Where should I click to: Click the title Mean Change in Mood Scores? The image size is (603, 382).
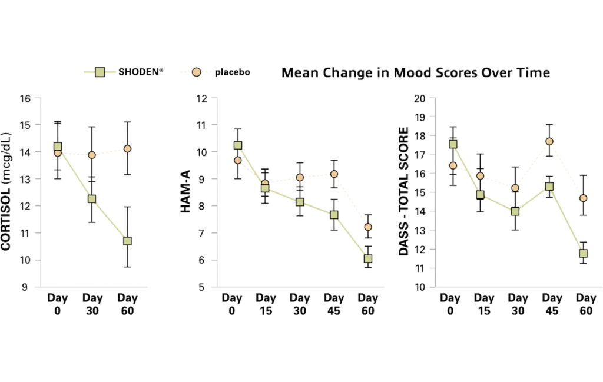click(x=416, y=74)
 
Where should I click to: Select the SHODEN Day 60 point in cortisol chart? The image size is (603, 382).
click(x=127, y=241)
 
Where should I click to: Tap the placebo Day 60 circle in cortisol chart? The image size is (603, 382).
click(x=127, y=149)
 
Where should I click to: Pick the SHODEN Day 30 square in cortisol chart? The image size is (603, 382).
click(x=92, y=199)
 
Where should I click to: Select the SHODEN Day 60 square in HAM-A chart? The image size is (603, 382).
click(x=368, y=258)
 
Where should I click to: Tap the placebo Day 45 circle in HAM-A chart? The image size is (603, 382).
click(x=334, y=174)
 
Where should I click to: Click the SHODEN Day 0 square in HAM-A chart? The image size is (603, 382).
click(x=238, y=145)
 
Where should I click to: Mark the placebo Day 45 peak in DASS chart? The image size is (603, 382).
click(x=549, y=141)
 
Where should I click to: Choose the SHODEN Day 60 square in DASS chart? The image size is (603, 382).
click(x=584, y=253)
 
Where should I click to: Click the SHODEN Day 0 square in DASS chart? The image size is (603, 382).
click(x=453, y=144)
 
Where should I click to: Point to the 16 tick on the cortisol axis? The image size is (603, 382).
click(x=25, y=99)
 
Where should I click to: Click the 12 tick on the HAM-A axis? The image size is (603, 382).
click(x=200, y=99)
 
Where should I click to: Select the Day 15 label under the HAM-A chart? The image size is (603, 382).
click(x=266, y=304)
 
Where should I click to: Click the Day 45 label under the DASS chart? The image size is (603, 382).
click(x=552, y=304)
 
